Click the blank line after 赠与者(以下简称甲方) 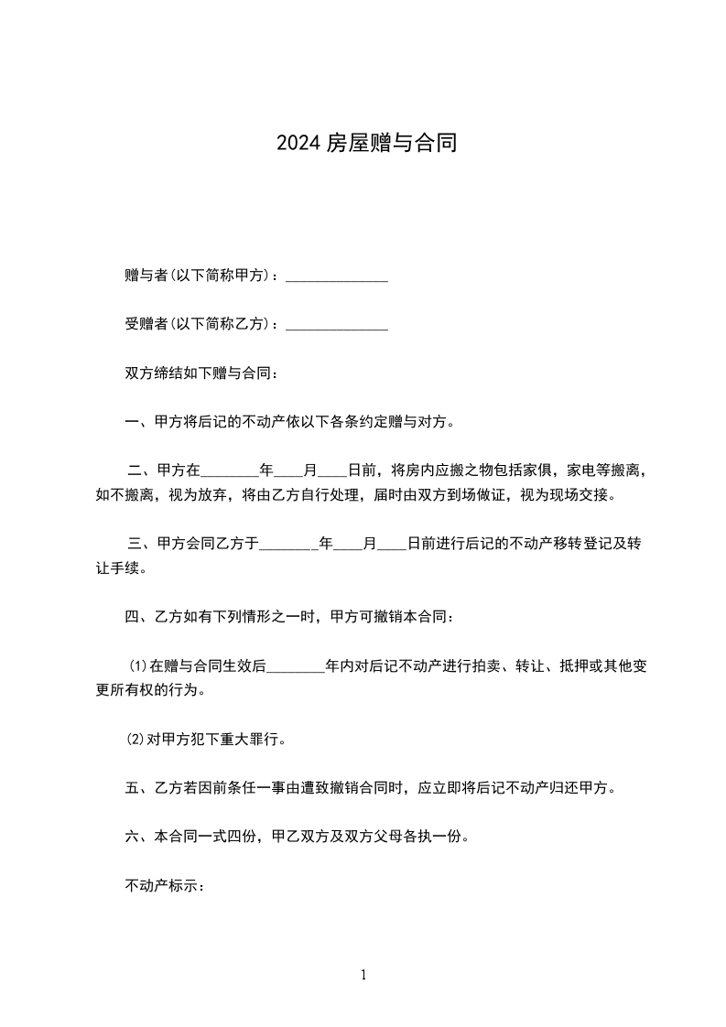coord(337,276)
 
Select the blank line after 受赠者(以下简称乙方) coord(337,325)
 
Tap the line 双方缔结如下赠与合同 coord(200,373)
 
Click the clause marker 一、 coord(137,423)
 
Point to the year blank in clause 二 coord(230,472)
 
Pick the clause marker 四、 coord(137,617)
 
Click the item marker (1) coord(137,666)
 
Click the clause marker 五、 coord(137,788)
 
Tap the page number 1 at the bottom coord(363,975)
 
